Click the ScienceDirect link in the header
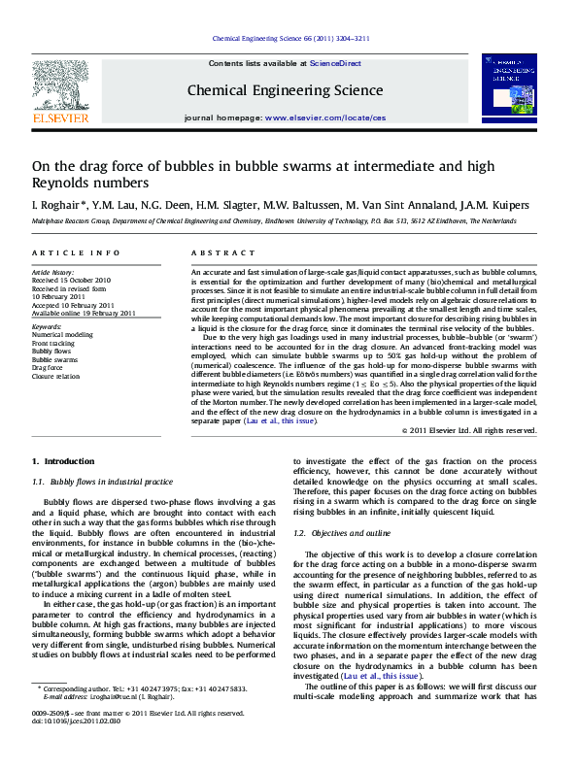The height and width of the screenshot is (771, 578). [337, 63]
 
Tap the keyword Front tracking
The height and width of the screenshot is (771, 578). [57, 344]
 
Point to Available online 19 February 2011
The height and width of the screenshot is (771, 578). [85, 313]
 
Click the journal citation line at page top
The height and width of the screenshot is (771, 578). [289, 39]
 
